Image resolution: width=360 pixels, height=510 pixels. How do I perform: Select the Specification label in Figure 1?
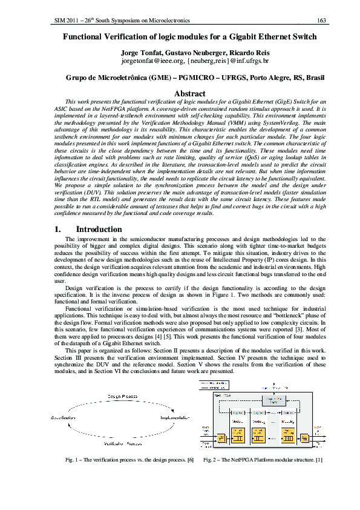(63, 419)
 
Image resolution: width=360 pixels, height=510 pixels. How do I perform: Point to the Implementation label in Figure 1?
(175, 419)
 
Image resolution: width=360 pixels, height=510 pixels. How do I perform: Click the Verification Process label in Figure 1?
(122, 444)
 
